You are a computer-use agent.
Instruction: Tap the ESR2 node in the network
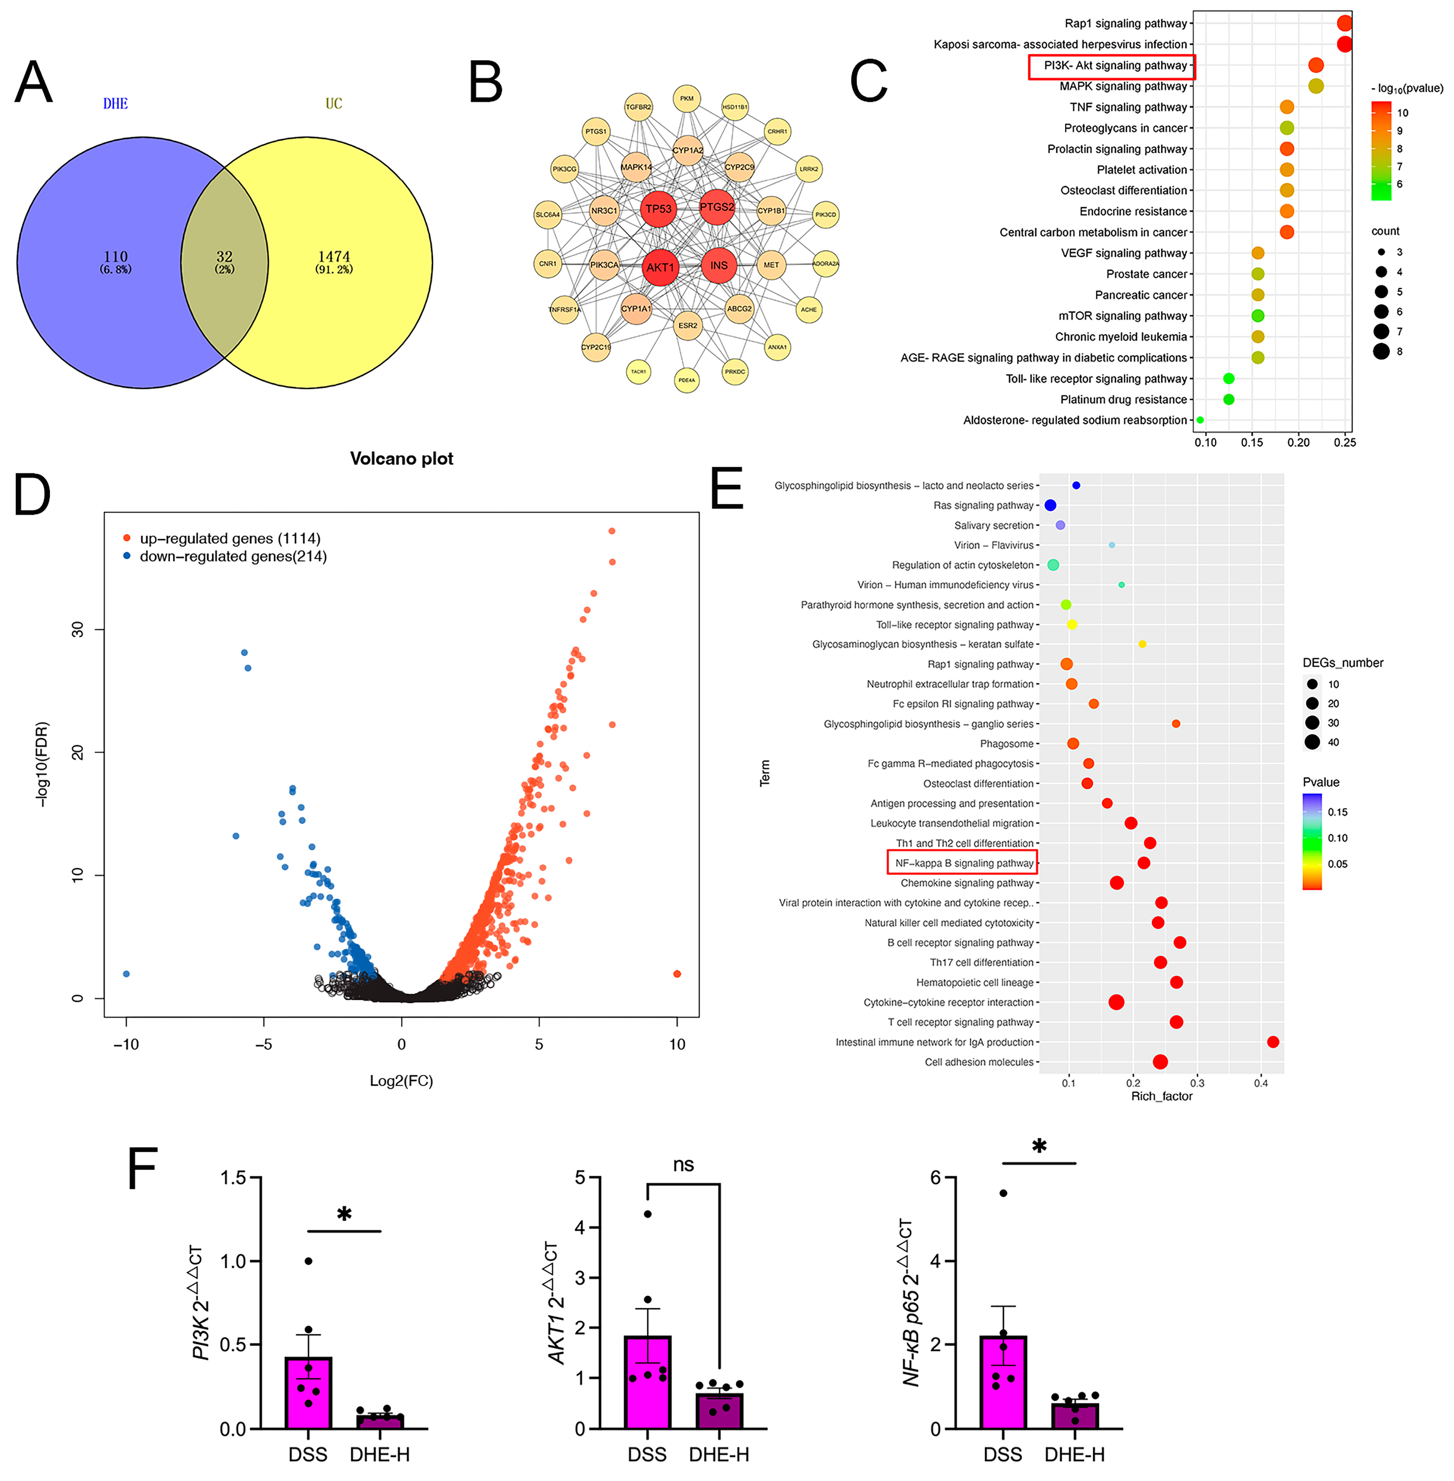(687, 325)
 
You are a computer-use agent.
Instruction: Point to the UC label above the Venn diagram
(334, 104)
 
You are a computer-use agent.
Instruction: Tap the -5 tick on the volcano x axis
(263, 1044)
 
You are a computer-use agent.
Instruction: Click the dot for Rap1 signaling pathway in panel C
(1344, 24)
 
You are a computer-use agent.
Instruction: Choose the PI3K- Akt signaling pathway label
(1115, 66)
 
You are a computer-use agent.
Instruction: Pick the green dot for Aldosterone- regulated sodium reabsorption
(1200, 420)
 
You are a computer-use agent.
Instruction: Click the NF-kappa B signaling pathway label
(964, 863)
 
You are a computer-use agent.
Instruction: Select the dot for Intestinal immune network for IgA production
(1272, 1041)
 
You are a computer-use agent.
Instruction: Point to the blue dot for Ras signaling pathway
(1050, 505)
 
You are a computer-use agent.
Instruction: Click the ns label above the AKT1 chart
(683, 1165)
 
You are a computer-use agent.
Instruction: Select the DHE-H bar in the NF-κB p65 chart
(1075, 1414)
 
